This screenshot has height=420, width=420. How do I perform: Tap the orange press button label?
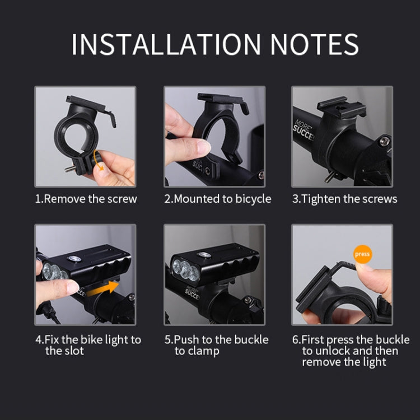362,254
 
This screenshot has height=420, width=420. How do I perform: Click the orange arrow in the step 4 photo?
104,287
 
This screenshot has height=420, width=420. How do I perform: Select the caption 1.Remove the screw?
86,199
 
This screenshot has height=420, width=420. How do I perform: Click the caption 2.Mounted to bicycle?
217,199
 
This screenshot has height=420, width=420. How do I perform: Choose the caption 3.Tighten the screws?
344,199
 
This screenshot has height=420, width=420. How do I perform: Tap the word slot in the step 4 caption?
73,351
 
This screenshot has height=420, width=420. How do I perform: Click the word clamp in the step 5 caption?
204,351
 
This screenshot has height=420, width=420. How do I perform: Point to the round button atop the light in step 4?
73,259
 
